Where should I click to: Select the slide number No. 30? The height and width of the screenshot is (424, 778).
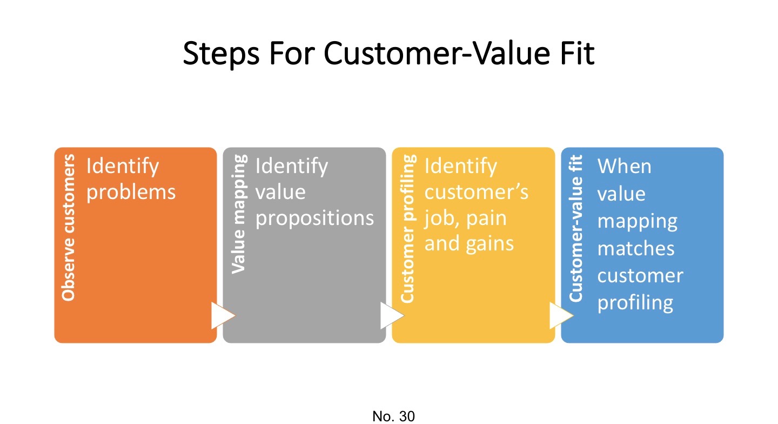point(393,416)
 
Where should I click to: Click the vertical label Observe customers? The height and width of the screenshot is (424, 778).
point(69,227)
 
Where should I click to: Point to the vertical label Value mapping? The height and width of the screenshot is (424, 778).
point(238,214)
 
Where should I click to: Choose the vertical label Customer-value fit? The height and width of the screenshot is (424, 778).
point(576,228)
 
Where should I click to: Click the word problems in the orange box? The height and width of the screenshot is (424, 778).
point(131,192)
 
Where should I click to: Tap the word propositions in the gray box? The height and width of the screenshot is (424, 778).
point(314,218)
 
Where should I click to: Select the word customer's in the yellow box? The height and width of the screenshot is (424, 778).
point(477,192)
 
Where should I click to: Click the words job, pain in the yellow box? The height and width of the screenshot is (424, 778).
point(465,218)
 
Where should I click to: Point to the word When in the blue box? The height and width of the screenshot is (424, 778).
point(624,167)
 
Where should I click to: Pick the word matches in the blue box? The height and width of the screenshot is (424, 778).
point(635,249)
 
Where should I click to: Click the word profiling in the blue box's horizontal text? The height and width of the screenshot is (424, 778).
point(635,302)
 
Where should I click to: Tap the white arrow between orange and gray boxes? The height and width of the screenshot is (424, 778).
point(222,316)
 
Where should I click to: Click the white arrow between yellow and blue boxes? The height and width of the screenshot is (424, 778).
point(560,316)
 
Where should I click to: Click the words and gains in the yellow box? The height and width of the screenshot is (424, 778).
point(469,244)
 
